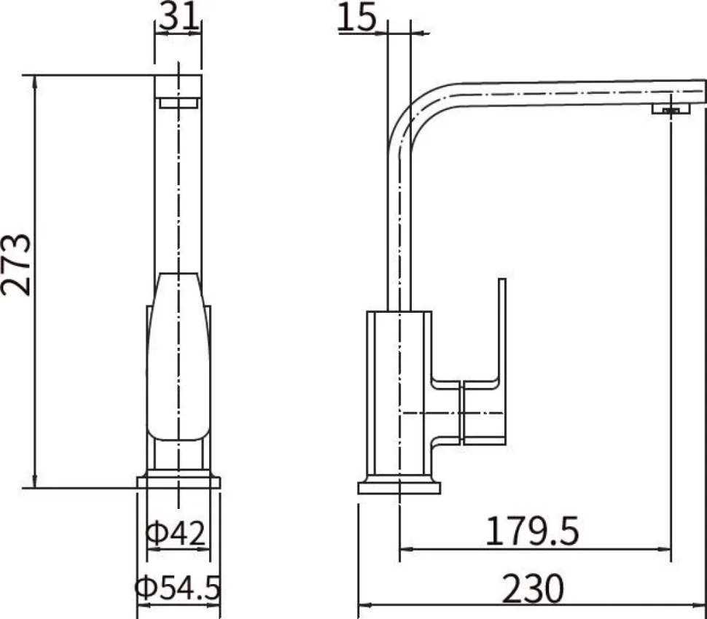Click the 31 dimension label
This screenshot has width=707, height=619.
pyautogui.click(x=179, y=16)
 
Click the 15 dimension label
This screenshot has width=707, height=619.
pyautogui.click(x=356, y=17)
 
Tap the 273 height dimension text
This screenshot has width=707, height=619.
pyautogui.click(x=16, y=265)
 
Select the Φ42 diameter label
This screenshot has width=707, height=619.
pyautogui.click(x=176, y=532)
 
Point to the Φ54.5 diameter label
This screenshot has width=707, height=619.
pyautogui.click(x=178, y=588)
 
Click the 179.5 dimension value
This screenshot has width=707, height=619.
pyautogui.click(x=531, y=531)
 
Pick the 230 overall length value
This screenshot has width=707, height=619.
pyautogui.click(x=533, y=588)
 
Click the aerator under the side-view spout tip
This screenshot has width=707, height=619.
pyautogui.click(x=671, y=109)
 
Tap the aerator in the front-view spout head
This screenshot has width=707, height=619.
pyautogui.click(x=179, y=103)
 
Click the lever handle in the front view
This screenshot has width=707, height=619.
pyautogui.click(x=179, y=357)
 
